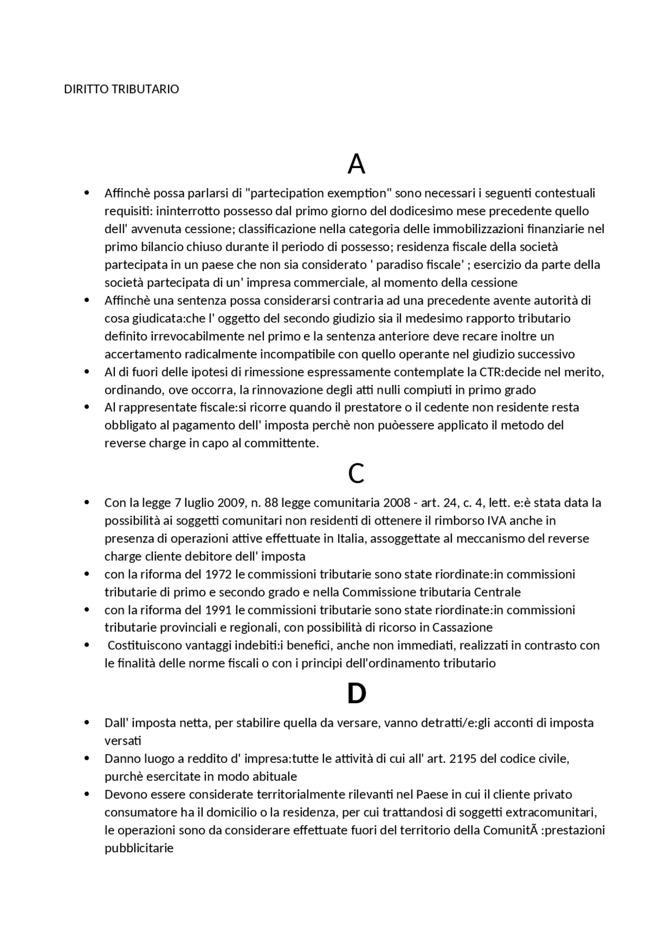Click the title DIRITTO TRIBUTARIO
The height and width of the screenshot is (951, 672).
(121, 89)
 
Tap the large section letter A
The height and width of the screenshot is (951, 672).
(356, 164)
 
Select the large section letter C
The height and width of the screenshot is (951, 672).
(356, 474)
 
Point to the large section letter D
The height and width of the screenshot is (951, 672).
(356, 694)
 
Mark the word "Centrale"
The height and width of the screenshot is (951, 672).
(497, 592)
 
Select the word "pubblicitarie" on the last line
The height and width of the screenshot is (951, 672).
(139, 848)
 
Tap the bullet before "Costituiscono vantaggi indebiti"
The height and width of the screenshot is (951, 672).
(87, 645)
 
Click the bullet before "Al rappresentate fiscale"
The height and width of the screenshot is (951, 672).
(87, 407)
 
